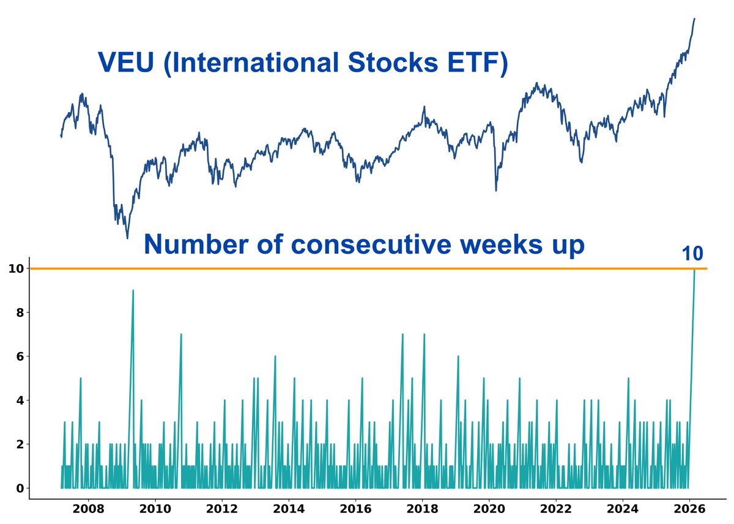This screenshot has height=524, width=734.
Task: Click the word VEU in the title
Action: [125, 63]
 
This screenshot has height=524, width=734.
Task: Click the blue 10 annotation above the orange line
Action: [692, 254]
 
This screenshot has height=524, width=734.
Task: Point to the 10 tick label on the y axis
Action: [16, 268]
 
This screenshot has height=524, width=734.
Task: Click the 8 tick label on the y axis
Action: [20, 312]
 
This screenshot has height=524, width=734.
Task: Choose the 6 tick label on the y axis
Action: [20, 356]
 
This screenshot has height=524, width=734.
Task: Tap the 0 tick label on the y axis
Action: [20, 488]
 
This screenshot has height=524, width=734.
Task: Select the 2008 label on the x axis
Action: [88, 509]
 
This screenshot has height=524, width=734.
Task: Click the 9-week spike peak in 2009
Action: [133, 290]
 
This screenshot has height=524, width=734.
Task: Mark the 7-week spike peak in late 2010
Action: [181, 334]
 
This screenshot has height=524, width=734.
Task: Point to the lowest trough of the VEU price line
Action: [127, 238]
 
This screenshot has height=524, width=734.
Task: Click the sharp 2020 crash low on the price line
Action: [495, 191]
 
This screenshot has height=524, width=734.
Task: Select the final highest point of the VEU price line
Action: [694, 18]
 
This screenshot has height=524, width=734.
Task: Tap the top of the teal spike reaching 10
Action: [694, 270]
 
